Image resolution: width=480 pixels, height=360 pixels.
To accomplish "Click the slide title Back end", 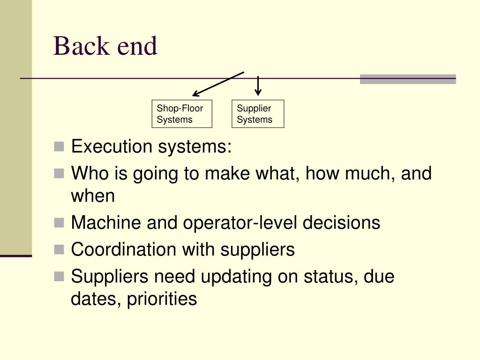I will [105, 46].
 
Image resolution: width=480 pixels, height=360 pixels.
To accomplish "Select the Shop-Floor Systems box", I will [182, 114].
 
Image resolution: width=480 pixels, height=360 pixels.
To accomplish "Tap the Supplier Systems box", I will [257, 114].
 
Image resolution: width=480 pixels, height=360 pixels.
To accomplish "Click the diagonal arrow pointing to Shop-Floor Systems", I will [218, 84].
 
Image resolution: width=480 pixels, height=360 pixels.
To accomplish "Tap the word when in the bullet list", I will [93, 195].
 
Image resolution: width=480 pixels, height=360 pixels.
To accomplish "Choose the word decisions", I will [341, 223].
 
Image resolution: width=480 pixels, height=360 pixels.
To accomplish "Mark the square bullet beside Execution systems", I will [59, 147].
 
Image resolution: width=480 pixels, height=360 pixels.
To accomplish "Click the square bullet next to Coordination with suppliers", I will [59, 249].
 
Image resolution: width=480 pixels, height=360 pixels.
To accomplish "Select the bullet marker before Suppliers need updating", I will [59, 277].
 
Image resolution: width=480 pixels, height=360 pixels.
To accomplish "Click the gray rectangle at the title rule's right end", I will [408, 79].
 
